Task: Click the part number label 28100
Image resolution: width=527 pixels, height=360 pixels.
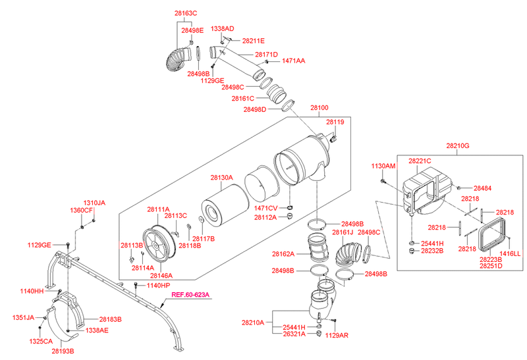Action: (x=319, y=107)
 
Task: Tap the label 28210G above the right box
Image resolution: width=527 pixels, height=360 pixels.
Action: (x=457, y=145)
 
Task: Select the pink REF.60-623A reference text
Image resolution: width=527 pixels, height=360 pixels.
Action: (x=190, y=295)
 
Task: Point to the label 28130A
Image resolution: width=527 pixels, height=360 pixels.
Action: (x=222, y=177)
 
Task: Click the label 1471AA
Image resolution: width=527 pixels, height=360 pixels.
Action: (x=293, y=61)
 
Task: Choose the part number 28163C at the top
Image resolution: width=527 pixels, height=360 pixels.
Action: (x=186, y=13)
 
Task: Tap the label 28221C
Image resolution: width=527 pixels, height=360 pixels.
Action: (x=420, y=161)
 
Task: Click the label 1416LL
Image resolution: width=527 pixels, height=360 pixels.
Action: (x=510, y=253)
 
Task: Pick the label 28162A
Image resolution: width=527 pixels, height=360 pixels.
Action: (x=284, y=253)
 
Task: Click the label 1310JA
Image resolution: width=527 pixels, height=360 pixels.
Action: (x=94, y=203)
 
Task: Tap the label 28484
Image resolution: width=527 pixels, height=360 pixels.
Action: (x=484, y=188)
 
